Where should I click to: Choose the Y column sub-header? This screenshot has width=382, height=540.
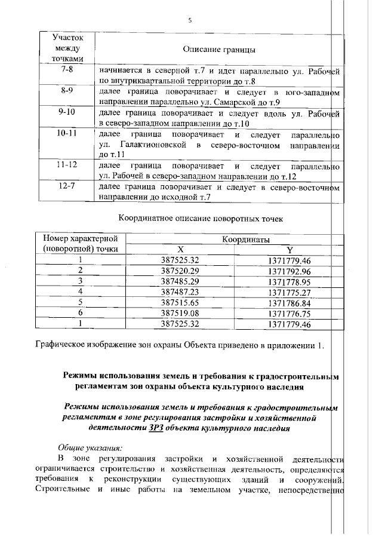[x=289, y=250]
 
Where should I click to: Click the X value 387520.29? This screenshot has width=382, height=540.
[x=180, y=271]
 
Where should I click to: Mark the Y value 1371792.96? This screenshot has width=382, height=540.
[x=289, y=271]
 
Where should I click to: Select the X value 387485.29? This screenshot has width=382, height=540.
[x=180, y=281]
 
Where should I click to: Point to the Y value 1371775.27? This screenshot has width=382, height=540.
[x=289, y=293]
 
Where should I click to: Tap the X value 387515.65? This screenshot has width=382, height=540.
[x=180, y=303]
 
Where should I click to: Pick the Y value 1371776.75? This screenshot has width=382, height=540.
[x=289, y=314]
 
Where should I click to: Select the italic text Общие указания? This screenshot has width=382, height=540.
[x=90, y=447]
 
